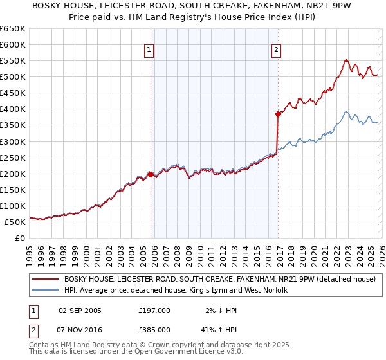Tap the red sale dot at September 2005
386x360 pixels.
click(x=151, y=174)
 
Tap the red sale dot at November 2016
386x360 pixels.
click(x=279, y=114)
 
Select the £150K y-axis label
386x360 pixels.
click(x=12, y=190)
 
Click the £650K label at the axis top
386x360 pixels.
click(x=12, y=29)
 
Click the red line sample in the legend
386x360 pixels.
click(x=46, y=279)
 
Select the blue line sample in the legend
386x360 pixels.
click(x=46, y=291)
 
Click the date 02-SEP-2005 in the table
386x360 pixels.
click(x=79, y=310)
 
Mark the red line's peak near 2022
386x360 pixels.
click(x=346, y=60)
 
